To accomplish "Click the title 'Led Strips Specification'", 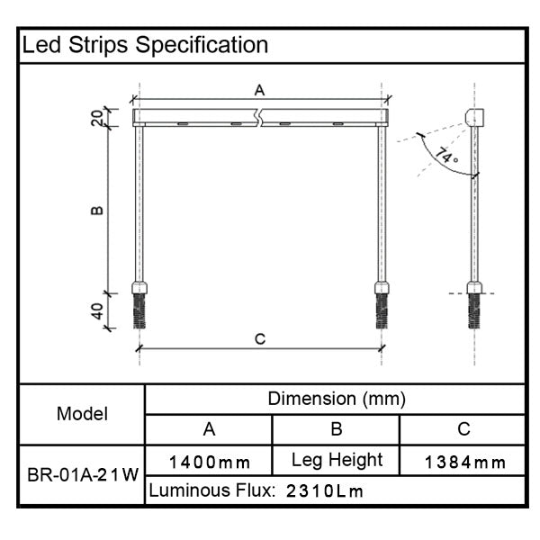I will click(x=145, y=45).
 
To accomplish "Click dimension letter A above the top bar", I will click(x=259, y=90).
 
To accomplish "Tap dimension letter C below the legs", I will click(x=259, y=338).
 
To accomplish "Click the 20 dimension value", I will click(x=97, y=118).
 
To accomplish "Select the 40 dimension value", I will click(x=97, y=312).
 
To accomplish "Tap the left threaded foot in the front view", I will click(x=139, y=310).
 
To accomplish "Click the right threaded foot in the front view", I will click(x=381, y=310).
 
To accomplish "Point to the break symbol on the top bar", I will click(x=259, y=117).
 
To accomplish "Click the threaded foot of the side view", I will click(x=473, y=310).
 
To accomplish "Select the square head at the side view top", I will click(x=474, y=116).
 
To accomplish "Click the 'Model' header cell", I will click(x=82, y=414).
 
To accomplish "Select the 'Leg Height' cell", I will click(x=337, y=460).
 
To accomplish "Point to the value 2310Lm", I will click(x=325, y=491).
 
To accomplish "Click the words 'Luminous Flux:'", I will click(x=211, y=490).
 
